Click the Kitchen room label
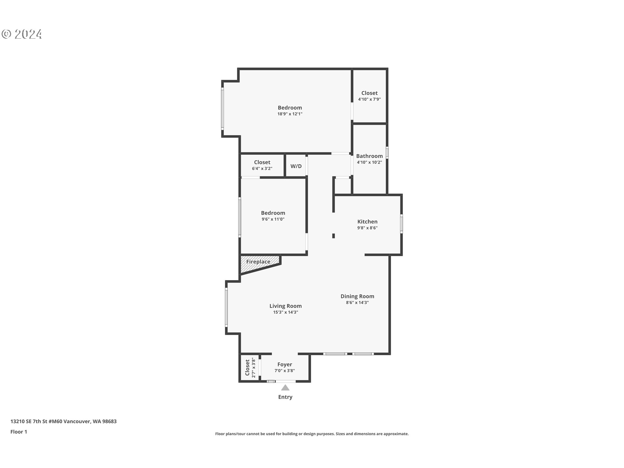pyautogui.click(x=367, y=222)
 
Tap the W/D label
pyautogui.click(x=296, y=166)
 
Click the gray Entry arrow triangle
pyautogui.click(x=285, y=387)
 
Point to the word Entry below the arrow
pyautogui.click(x=285, y=397)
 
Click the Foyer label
pyautogui.click(x=285, y=365)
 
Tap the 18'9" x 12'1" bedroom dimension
pyautogui.click(x=290, y=114)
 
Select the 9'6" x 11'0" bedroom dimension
pyautogui.click(x=273, y=219)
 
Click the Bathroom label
pyautogui.click(x=369, y=156)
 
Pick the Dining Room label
pyautogui.click(x=357, y=296)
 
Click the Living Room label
pyautogui.click(x=285, y=306)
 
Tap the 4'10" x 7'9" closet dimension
pyautogui.click(x=369, y=99)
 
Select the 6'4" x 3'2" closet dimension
pyautogui.click(x=262, y=169)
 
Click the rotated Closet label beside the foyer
pyautogui.click(x=247, y=368)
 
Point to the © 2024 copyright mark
pyautogui.click(x=22, y=34)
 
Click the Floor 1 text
pyautogui.click(x=19, y=432)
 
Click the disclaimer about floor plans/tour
pyautogui.click(x=312, y=434)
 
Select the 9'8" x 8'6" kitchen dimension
pyautogui.click(x=367, y=228)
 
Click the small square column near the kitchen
pyautogui.click(x=333, y=236)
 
